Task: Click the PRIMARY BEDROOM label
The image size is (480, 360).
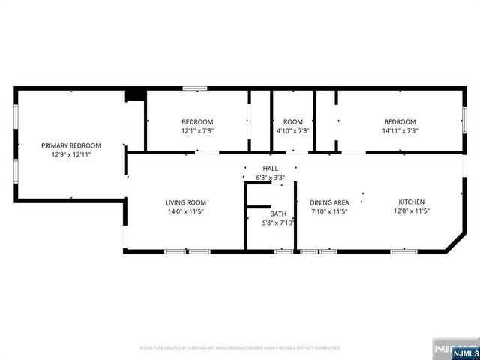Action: [x=70, y=145]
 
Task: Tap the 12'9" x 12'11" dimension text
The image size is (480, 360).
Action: [x=70, y=154]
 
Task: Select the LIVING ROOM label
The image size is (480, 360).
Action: [x=185, y=202]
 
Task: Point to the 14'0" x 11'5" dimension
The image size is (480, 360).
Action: [x=185, y=211]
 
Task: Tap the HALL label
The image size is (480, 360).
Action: [x=270, y=169]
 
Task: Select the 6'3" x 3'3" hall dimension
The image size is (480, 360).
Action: [x=270, y=178]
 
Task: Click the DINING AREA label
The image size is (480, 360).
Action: [x=330, y=202]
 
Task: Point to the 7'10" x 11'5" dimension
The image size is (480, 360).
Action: [x=330, y=211]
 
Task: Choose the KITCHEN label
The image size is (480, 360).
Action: [x=412, y=202]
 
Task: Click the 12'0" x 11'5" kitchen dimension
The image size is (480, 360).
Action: [x=412, y=211]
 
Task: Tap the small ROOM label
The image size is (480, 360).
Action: [x=292, y=122]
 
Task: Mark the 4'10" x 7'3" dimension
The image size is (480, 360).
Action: [x=292, y=131]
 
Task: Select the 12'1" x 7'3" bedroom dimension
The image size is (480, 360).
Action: [x=197, y=131]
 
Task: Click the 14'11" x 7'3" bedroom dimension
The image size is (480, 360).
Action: [x=400, y=131]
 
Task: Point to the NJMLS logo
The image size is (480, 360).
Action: [x=454, y=349]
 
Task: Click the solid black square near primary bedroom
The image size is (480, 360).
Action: [x=135, y=94]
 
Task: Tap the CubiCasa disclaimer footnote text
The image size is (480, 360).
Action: [x=240, y=348]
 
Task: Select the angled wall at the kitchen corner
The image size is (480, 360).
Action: [x=455, y=242]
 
